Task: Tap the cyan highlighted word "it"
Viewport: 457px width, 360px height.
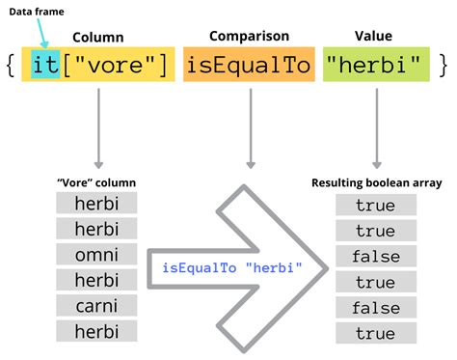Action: click(x=45, y=65)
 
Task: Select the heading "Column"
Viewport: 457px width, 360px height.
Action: click(x=97, y=37)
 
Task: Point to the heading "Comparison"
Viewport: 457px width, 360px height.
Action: click(x=250, y=37)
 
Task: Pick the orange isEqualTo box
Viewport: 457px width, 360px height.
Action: click(x=250, y=65)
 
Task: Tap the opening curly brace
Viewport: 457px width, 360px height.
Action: click(x=11, y=65)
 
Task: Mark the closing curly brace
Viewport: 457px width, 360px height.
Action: click(x=444, y=65)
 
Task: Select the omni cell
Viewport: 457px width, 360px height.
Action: click(x=96, y=255)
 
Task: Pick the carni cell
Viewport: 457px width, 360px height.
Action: click(x=96, y=306)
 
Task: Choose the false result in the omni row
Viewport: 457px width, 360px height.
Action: click(x=376, y=257)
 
